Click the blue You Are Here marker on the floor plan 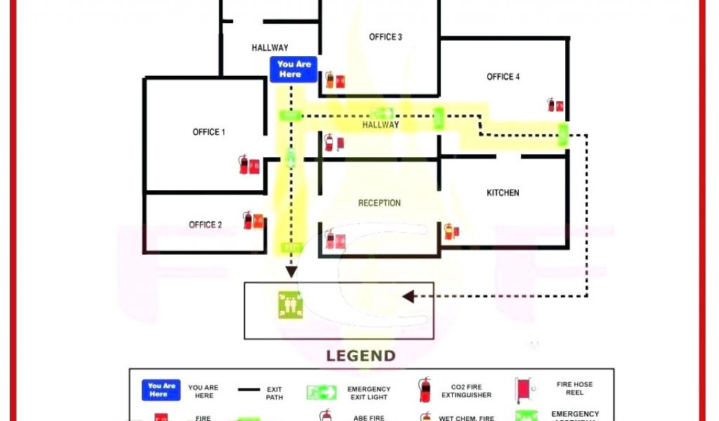pyautogui.click(x=293, y=69)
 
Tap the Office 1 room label pyautogui.click(x=209, y=132)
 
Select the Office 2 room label pyautogui.click(x=205, y=225)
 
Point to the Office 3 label pyautogui.click(x=385, y=37)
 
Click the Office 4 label pyautogui.click(x=503, y=76)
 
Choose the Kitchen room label pyautogui.click(x=503, y=192)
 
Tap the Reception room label pyautogui.click(x=379, y=203)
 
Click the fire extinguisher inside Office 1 pyautogui.click(x=244, y=165)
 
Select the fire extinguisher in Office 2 pyautogui.click(x=248, y=220)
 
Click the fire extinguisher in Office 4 pyautogui.click(x=552, y=105)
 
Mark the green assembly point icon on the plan pyautogui.click(x=290, y=305)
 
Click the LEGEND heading pyautogui.click(x=360, y=356)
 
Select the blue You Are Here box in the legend pyautogui.click(x=161, y=389)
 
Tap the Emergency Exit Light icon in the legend pyautogui.click(x=322, y=392)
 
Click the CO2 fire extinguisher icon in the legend pyautogui.click(x=424, y=389)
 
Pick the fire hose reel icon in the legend pyautogui.click(x=522, y=389)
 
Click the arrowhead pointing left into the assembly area pyautogui.click(x=408, y=296)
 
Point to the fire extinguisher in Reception pyautogui.click(x=330, y=239)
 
